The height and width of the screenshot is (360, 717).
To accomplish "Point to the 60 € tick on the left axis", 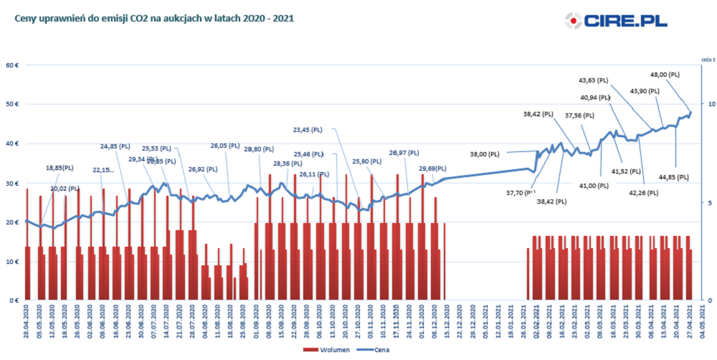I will pos(11,65).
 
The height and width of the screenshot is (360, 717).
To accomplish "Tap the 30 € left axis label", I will pos(11,183).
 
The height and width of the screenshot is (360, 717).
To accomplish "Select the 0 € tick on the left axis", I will pos(14,300).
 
